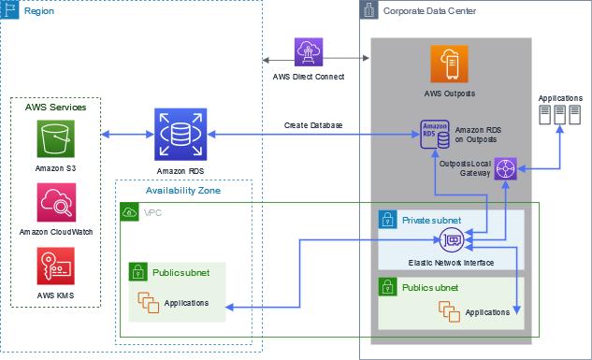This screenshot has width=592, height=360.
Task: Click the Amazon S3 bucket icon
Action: pos(55,138)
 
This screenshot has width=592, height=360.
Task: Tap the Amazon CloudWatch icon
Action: pos(56,202)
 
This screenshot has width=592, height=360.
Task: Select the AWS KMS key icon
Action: pos(55,266)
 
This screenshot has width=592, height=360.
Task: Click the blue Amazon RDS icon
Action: pos(180,135)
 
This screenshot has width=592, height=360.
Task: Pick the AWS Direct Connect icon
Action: pos(309,52)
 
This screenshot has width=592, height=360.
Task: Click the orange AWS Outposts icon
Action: pos(449,64)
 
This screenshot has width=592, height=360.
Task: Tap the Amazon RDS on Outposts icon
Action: pos(435,135)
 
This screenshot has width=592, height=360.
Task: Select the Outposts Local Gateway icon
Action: pos(505,168)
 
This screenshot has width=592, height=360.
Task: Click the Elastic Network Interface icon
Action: pos(452,240)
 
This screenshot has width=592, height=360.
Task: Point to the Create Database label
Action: pos(313,125)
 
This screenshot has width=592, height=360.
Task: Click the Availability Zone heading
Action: pos(183,191)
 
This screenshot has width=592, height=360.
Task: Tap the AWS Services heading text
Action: pos(56,108)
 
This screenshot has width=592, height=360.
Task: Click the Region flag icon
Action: pos(9,9)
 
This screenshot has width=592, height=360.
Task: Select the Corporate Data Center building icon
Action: pos(368,9)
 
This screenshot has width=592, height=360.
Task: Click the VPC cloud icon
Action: pos(129,212)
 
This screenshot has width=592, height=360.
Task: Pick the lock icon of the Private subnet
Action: pos(388,220)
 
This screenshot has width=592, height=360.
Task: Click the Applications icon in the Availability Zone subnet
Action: pos(148,302)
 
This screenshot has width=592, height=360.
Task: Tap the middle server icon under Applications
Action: pos(559,115)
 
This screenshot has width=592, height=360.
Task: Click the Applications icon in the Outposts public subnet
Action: pos(449,311)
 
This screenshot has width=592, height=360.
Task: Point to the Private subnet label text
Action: pos(431,221)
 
